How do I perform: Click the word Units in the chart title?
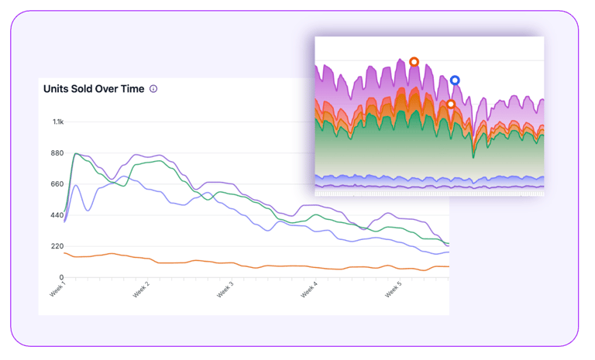pos(57,89)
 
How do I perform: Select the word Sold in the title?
pos(84,89)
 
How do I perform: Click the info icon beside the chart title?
pos(153,89)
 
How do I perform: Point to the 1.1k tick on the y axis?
pos(58,122)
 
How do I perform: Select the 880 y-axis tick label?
pos(58,153)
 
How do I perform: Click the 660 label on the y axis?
pos(58,184)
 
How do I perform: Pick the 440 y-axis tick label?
pos(58,215)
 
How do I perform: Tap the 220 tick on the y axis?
pos(58,246)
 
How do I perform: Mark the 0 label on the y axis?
pos(61,277)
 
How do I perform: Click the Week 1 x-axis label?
pos(57,289)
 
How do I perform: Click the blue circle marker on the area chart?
pos(455,81)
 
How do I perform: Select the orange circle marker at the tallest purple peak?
pos(414,62)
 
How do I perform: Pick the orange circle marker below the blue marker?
pos(450,105)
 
